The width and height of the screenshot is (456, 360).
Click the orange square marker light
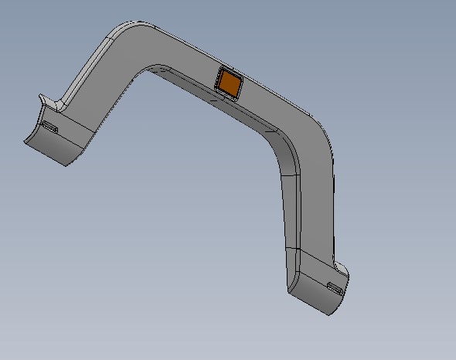pyautogui.click(x=229, y=81)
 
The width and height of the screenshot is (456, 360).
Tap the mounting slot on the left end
pyautogui.click(x=50, y=127)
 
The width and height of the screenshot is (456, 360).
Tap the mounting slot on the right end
pyautogui.click(x=335, y=289)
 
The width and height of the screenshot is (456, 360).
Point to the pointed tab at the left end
pyautogui.click(x=48, y=100)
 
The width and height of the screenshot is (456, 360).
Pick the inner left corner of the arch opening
pyautogui.click(x=151, y=70)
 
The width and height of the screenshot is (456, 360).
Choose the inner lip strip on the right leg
pyautogui.click(x=290, y=209)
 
